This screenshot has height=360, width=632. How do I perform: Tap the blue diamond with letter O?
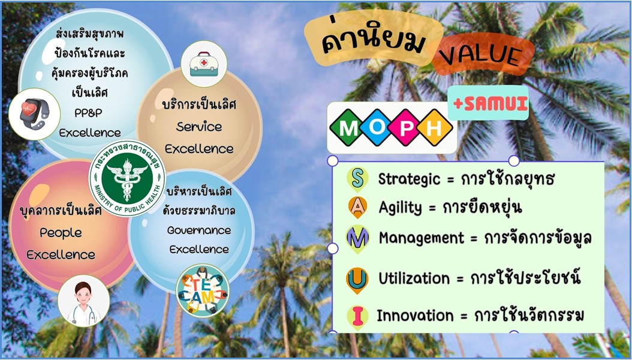coord(376,127)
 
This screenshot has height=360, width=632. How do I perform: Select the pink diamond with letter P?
coord(406,127)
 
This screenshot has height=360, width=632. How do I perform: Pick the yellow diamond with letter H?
coord(435,127)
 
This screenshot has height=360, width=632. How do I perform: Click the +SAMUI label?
coord(490,104)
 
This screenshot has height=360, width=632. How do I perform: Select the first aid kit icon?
coord(204,64)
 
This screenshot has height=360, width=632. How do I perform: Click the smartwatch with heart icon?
coord(34,114)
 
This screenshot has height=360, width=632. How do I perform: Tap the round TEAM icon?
coord(202,290)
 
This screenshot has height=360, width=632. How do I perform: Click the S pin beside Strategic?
coord(357,179)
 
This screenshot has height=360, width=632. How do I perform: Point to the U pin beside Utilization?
coord(357,280)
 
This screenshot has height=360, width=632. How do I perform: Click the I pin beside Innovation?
coord(357,316)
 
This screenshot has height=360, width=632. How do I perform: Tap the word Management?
coord(422,238)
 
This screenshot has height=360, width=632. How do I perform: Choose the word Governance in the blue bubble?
coord(199,230)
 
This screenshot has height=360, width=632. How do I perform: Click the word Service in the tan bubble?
coord(198,127)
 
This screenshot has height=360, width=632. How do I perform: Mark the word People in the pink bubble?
coord(61,233)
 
